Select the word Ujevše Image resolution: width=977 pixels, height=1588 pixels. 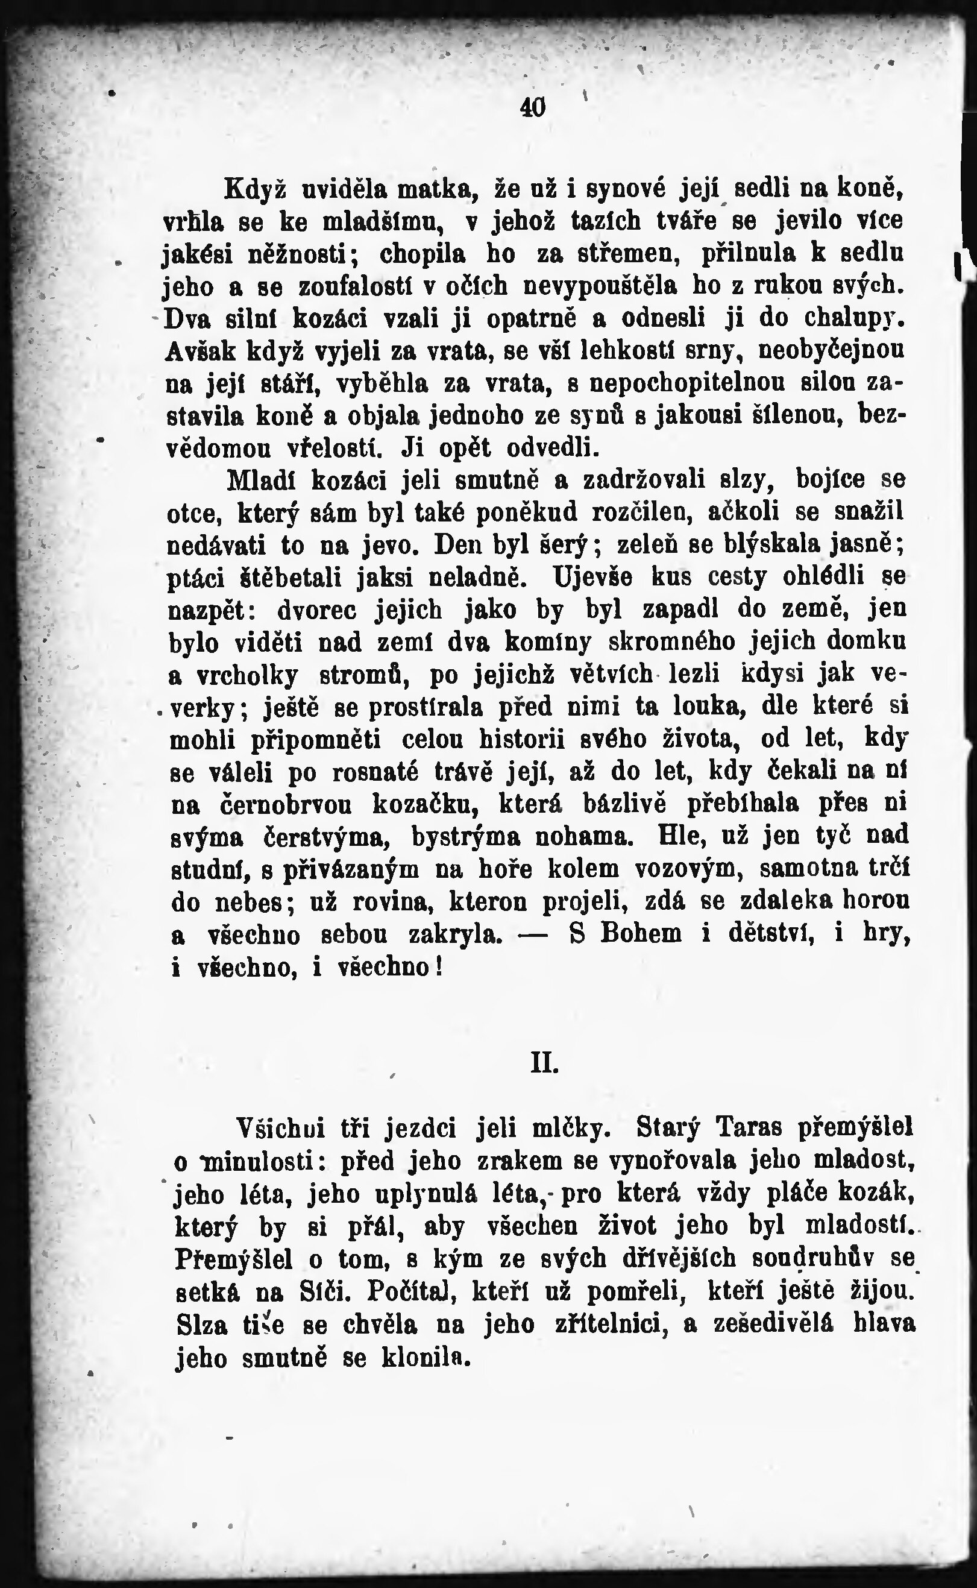(592, 576)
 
